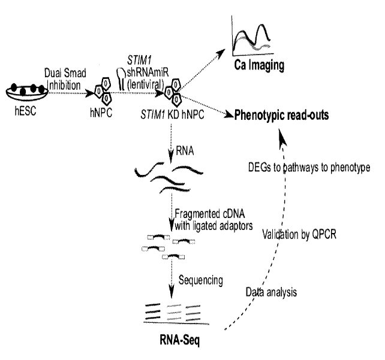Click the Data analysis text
click(270, 292)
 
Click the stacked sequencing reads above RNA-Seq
click(174, 316)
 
